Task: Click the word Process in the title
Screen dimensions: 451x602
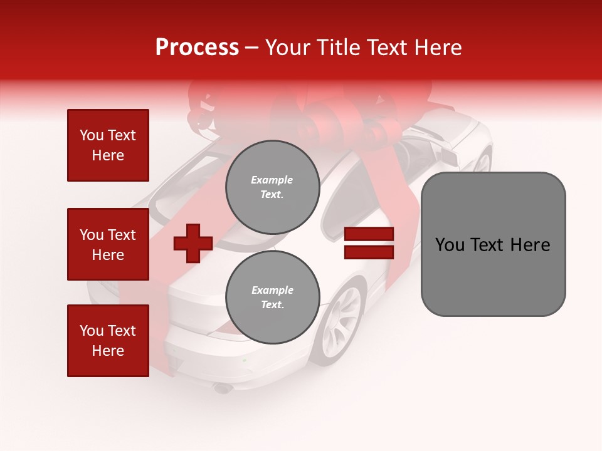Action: [x=197, y=48]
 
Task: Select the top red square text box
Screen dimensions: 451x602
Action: [x=108, y=145]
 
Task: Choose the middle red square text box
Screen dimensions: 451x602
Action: [x=108, y=244]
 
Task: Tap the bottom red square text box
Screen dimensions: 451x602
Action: [x=108, y=341]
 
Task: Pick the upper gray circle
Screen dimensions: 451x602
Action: [x=272, y=187]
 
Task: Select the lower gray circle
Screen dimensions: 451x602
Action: [x=272, y=297]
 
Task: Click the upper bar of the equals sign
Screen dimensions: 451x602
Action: [x=369, y=234]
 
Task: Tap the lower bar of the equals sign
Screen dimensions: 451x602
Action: [x=369, y=252]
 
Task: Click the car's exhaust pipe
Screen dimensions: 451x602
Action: [x=222, y=389]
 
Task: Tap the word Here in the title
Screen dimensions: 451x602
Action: [x=438, y=48]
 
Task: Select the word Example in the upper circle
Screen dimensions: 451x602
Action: [x=272, y=180]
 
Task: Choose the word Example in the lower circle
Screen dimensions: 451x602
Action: [x=272, y=290]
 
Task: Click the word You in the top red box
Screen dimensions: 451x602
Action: [x=92, y=135]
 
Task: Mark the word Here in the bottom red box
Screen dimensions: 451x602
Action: [x=108, y=351]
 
